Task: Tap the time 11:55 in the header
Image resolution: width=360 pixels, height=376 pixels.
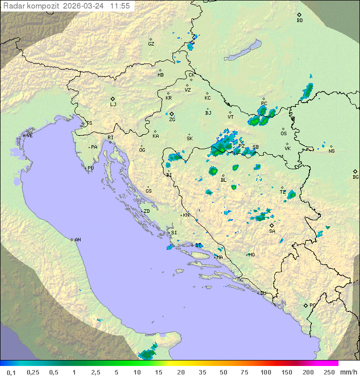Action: coord(120,6)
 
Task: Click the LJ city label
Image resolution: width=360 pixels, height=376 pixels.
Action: coord(113,105)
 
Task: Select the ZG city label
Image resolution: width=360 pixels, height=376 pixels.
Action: coord(172,120)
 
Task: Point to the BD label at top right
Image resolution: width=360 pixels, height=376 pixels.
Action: coord(299,21)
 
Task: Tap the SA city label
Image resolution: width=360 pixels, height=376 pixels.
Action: coord(272,231)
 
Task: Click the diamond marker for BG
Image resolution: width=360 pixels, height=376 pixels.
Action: coord(355,171)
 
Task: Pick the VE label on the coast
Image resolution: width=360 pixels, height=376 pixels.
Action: coord(29,136)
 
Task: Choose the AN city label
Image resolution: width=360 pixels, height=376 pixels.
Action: coord(77,240)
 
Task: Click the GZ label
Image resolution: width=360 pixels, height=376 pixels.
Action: coord(151,44)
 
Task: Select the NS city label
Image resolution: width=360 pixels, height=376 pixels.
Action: coord(331,151)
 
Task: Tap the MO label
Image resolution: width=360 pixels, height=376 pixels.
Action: coord(251,255)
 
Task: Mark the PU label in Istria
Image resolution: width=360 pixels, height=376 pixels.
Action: coord(90,168)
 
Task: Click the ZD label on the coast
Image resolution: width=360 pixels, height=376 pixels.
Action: coord(146,211)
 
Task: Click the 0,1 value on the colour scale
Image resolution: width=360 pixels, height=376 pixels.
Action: coord(11,372)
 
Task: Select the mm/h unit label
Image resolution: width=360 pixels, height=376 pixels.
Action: coord(347,372)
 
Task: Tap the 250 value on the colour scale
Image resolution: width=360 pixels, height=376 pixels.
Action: coord(328,372)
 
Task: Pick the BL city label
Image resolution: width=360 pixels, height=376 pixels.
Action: coord(223,180)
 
